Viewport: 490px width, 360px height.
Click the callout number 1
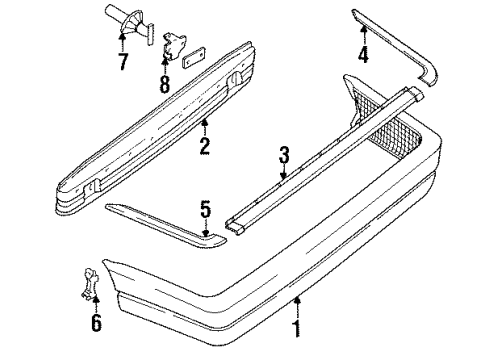click(x=296, y=328)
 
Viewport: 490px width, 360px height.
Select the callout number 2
click(x=205, y=146)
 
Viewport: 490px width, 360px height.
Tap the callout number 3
click(x=284, y=155)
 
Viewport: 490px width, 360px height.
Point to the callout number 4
click(x=363, y=54)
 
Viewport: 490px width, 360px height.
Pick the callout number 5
click(x=206, y=209)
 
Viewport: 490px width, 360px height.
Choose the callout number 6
click(x=96, y=323)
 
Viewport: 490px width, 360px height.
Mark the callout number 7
click(x=123, y=61)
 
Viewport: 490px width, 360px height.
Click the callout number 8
click(x=165, y=84)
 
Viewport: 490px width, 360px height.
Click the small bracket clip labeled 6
click(x=89, y=283)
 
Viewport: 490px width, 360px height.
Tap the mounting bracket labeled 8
click(x=173, y=46)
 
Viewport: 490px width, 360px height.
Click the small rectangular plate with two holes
click(x=194, y=56)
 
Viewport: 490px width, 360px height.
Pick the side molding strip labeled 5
click(x=167, y=228)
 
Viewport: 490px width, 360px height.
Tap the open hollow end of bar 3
click(x=235, y=227)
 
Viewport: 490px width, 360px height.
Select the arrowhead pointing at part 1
click(x=297, y=300)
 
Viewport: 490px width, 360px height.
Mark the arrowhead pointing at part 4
click(x=363, y=28)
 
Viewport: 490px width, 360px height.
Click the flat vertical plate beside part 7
click(x=151, y=34)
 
